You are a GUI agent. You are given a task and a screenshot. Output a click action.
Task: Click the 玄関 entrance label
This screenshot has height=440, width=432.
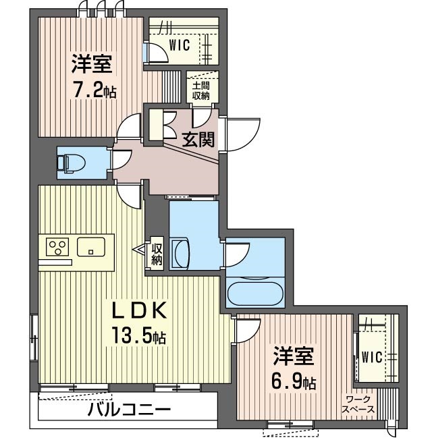199,140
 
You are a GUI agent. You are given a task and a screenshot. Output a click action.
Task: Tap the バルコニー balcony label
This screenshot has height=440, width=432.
129,410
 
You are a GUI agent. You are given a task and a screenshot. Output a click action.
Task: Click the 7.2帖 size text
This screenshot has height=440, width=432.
94,90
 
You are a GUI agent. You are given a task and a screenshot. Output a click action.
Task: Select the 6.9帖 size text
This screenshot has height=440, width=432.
294,381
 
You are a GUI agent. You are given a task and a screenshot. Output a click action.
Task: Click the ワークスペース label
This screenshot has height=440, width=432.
358,404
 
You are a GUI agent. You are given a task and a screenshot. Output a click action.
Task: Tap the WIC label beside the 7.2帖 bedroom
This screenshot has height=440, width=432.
179,45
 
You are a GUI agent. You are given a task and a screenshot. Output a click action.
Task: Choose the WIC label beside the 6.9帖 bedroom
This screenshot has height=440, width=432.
371,357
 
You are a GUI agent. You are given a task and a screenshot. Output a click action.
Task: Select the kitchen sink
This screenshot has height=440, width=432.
90,248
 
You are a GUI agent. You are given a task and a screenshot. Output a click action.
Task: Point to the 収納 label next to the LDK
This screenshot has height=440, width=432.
157,254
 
